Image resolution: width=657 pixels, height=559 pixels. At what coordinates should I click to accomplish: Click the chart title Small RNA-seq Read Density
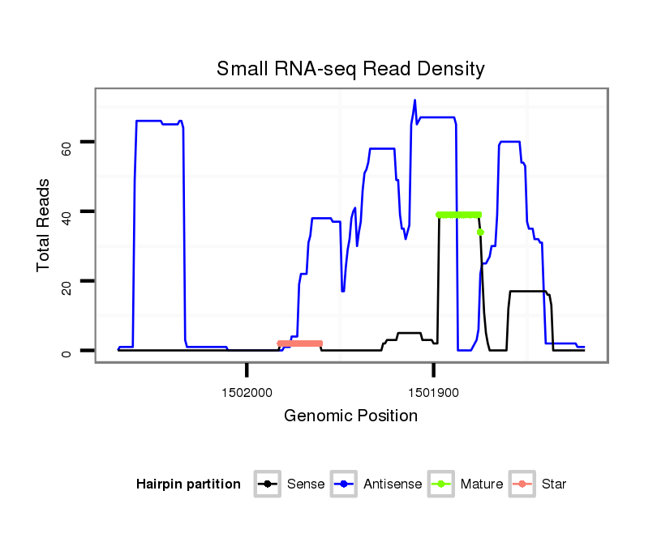(x=350, y=69)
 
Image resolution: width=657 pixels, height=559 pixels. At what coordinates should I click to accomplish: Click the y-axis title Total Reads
(x=44, y=224)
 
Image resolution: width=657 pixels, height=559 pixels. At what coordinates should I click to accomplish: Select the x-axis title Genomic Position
(x=350, y=416)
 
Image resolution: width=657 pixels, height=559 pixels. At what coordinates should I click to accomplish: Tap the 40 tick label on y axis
(x=67, y=212)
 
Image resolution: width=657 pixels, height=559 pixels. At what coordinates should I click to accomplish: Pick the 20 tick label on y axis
(x=67, y=282)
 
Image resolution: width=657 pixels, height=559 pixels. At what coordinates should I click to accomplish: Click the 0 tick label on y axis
(x=67, y=351)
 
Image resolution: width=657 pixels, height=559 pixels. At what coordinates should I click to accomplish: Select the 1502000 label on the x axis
(x=247, y=392)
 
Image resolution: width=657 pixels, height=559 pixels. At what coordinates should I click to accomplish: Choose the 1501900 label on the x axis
(x=433, y=392)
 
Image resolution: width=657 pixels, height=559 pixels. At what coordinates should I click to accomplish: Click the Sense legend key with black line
(x=267, y=484)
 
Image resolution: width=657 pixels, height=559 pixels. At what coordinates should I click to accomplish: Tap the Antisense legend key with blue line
(x=344, y=484)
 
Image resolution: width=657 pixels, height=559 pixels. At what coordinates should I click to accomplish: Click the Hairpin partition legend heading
(x=188, y=484)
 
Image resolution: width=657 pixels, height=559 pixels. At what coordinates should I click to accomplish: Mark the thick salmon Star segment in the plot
(x=300, y=344)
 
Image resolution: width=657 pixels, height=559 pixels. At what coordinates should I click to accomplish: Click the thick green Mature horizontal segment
(x=458, y=215)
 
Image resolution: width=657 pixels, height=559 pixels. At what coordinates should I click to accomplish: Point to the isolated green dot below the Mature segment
(x=480, y=233)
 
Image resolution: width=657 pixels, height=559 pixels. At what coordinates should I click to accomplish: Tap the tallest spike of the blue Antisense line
(x=414, y=101)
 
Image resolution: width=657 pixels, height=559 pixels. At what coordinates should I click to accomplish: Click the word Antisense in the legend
(x=393, y=484)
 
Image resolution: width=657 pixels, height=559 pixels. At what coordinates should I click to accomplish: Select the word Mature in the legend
(x=482, y=484)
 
